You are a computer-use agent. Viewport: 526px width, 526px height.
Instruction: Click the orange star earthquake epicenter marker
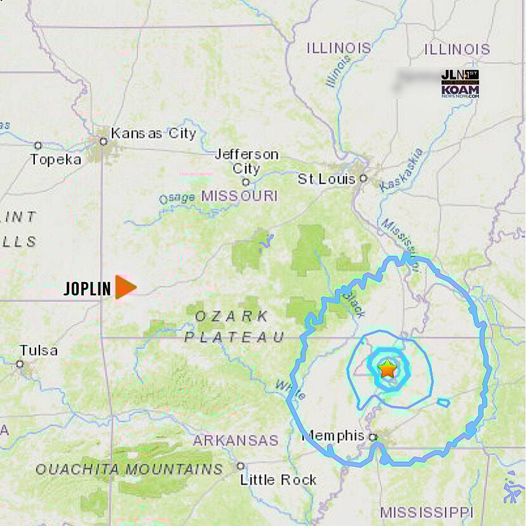pos(387,369)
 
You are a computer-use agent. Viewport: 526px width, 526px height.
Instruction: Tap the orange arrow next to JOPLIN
pos(125,287)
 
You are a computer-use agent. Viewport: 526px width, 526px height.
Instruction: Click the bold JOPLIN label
pos(87,288)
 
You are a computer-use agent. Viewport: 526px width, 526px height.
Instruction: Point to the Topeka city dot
pos(38,145)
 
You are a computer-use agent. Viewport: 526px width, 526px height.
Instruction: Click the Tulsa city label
pos(38,350)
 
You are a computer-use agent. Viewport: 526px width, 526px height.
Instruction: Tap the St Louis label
pos(327,179)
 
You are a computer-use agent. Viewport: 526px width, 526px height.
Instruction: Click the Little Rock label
pos(278,480)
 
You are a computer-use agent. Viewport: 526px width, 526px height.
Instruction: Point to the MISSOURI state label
pos(239,196)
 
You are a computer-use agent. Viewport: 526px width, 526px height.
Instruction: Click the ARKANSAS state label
pos(236,440)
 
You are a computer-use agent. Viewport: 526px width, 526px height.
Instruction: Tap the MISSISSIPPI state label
pos(426,512)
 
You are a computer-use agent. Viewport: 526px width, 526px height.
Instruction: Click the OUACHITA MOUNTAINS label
pos(129,469)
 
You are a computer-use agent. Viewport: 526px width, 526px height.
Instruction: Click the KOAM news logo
pos(460,84)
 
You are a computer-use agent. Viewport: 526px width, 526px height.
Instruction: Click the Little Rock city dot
pos(241,466)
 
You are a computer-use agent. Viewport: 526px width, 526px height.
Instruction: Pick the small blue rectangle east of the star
pos(443,402)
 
